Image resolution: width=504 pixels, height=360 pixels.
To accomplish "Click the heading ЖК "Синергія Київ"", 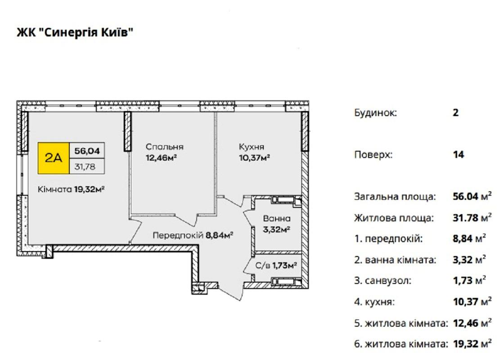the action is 75,32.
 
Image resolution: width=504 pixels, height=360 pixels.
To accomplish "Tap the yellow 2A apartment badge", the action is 54,158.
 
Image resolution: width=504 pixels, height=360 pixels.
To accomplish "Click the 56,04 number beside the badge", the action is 87,150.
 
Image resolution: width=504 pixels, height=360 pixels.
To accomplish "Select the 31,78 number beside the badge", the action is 85,166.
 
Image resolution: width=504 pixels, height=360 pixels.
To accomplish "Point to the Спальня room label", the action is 165,147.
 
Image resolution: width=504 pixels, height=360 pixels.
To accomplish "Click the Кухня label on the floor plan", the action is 252,147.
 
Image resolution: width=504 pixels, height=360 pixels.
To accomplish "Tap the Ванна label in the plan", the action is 276,219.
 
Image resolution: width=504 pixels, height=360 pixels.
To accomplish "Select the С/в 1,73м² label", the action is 276,265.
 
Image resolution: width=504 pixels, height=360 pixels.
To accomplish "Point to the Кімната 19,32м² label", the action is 72,189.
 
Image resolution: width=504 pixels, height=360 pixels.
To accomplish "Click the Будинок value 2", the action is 455,113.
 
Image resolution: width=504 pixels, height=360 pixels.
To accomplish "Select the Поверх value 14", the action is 459,155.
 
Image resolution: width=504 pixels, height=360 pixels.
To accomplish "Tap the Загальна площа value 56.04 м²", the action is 472,196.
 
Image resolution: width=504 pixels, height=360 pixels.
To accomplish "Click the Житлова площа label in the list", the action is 394,218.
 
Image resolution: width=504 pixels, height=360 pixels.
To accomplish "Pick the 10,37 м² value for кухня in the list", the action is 472,301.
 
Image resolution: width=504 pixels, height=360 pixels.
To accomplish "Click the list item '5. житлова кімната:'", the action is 401,323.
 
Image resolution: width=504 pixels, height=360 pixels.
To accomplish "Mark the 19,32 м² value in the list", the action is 472,344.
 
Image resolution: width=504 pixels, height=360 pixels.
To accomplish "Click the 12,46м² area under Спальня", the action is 162,158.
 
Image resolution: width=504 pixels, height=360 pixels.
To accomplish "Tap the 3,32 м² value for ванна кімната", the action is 469,259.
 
